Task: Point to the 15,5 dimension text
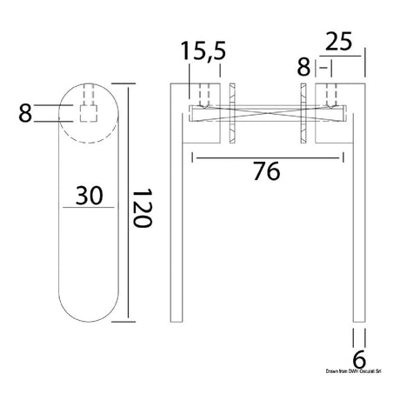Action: click(x=204, y=53)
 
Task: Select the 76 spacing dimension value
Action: click(x=267, y=172)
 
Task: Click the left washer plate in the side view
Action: click(x=232, y=114)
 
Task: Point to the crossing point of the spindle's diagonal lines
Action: click(x=267, y=111)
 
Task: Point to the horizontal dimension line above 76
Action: click(x=267, y=158)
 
